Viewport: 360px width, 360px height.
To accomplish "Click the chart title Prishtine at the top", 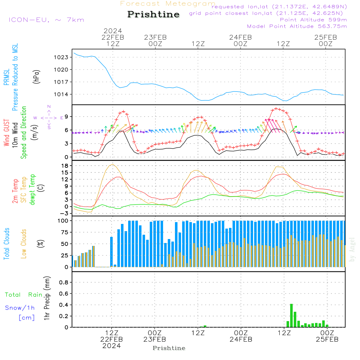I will pos(153,14).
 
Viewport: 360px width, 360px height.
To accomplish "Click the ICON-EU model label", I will pos(46,20).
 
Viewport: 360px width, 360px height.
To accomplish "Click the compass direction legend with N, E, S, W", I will pos(49,117).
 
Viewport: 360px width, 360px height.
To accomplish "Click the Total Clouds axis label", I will pos(6,243).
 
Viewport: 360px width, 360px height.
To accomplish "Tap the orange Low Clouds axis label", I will pos(24,243).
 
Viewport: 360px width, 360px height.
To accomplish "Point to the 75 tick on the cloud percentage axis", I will pos(65,232).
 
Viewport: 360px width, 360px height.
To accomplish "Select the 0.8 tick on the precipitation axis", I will pos(64,282).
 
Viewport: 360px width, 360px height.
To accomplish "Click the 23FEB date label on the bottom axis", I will pos(155,339).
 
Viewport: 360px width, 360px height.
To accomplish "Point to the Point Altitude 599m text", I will pos(313,20).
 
